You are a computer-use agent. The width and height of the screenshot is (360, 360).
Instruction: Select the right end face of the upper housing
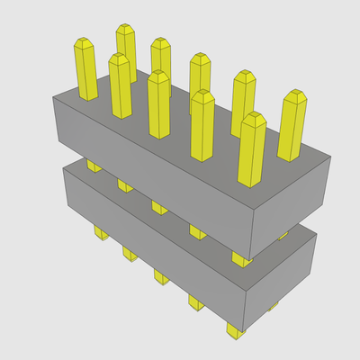point(292,202)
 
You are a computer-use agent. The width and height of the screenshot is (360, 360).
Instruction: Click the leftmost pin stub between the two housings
point(94,166)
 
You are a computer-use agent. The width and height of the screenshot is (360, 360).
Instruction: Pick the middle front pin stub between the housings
point(159,207)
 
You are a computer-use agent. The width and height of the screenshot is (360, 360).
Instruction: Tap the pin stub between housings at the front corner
point(240,259)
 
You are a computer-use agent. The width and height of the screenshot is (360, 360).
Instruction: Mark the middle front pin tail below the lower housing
point(161,274)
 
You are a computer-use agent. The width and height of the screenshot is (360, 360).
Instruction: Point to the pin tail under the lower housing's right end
point(274,307)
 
